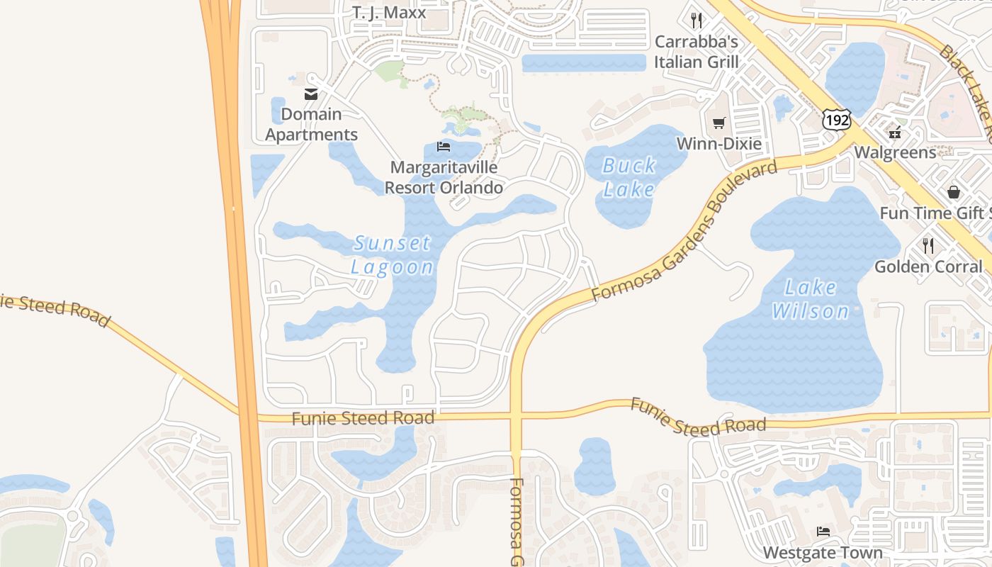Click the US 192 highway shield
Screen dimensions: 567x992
836,120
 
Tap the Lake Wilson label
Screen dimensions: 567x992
810,299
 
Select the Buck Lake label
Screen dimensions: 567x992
629,177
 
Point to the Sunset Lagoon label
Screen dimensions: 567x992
392,255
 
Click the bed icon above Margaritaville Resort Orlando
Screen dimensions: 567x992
444,147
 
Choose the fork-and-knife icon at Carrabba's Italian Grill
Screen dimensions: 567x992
697,20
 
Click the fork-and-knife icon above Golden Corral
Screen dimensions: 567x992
928,245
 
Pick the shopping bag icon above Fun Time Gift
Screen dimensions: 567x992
954,192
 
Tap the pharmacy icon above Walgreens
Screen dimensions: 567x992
896,131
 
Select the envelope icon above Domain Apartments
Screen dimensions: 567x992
311,94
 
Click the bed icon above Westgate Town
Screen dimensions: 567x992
823,531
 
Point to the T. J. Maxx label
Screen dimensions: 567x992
389,12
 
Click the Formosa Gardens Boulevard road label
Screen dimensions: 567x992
684,230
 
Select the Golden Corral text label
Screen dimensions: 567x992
929,266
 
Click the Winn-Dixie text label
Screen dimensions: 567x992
718,144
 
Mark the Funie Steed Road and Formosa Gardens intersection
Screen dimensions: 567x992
516,416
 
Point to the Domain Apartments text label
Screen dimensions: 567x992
311,124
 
